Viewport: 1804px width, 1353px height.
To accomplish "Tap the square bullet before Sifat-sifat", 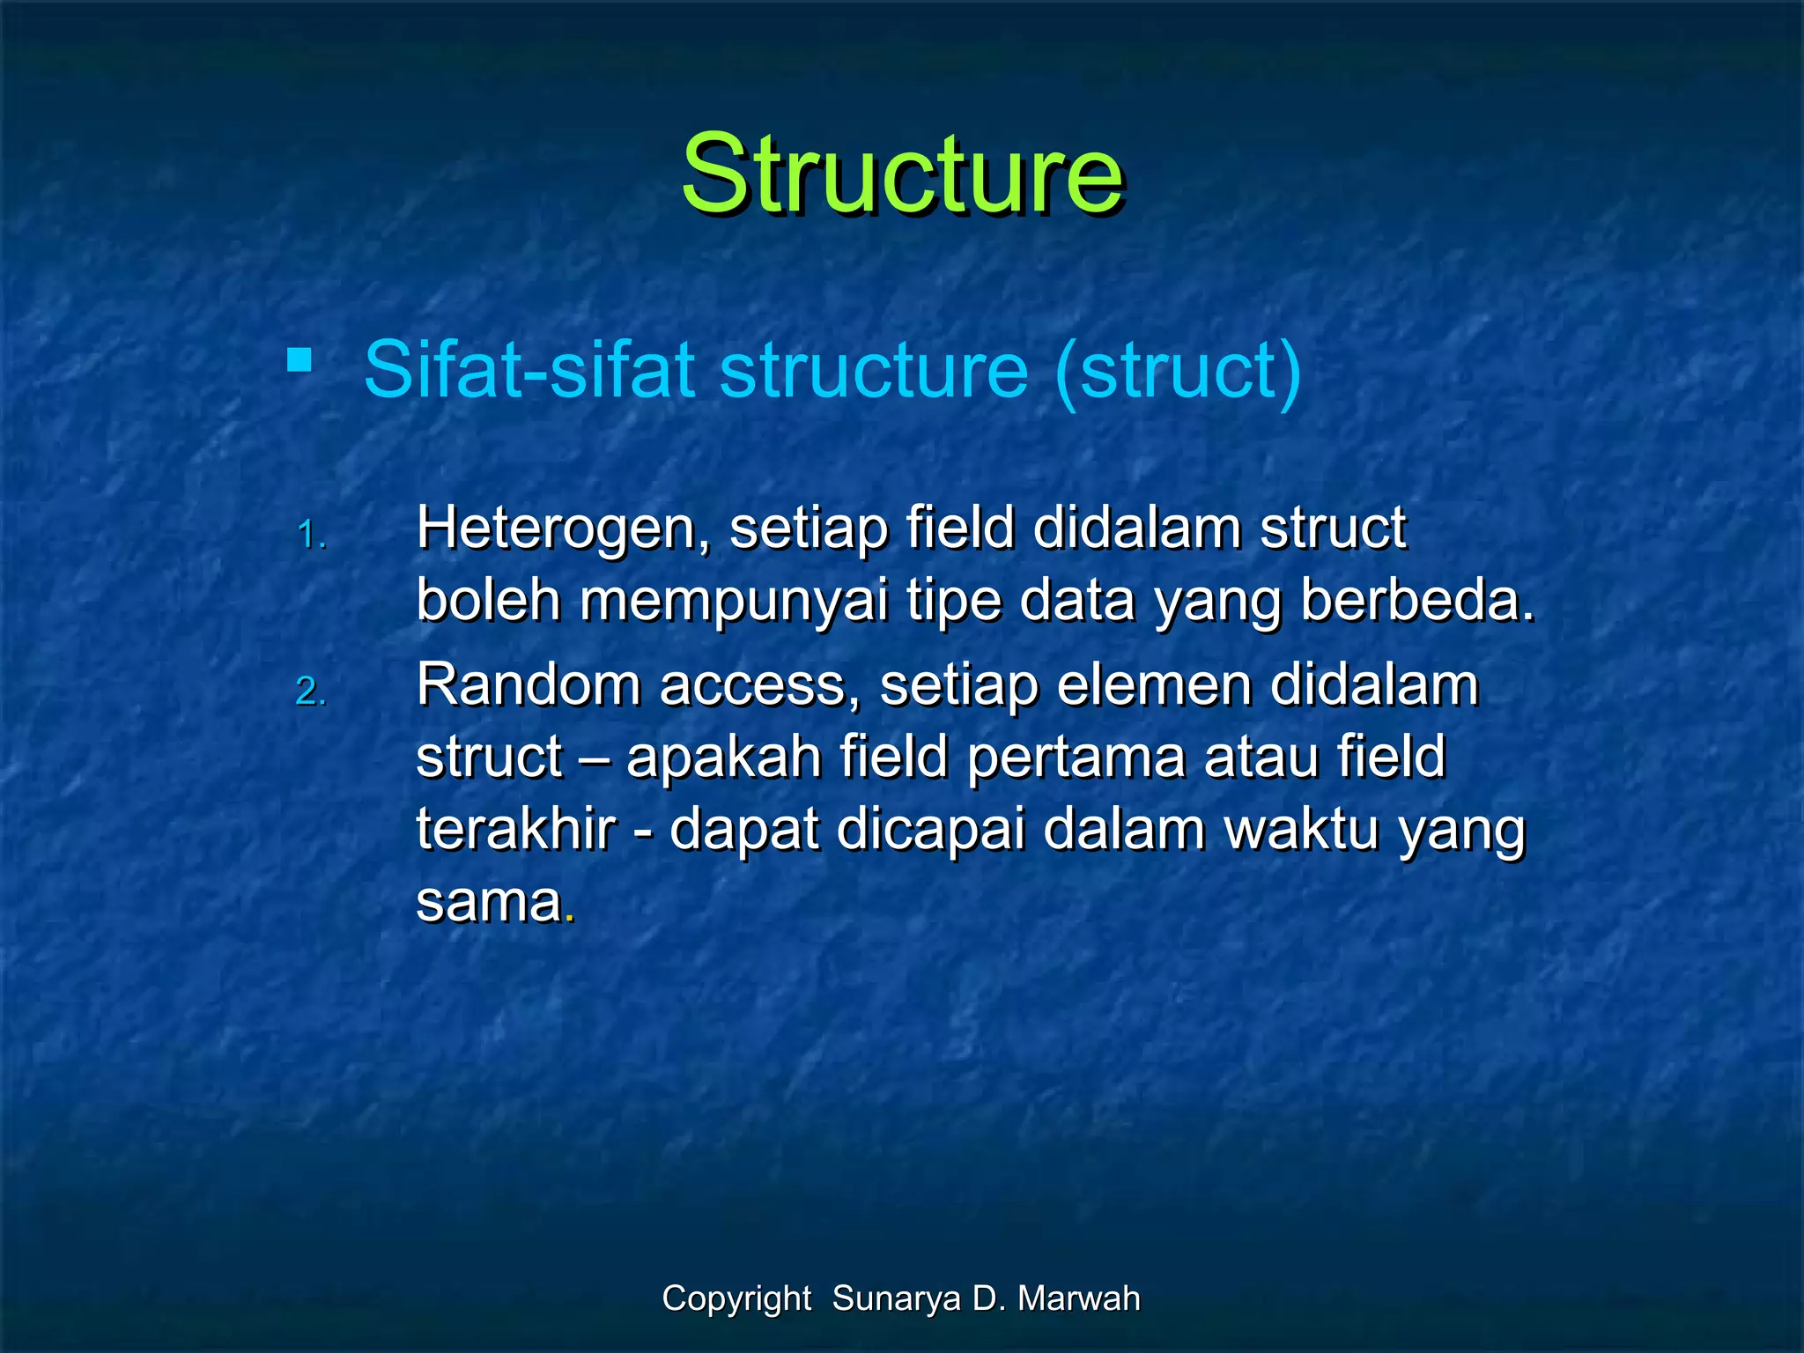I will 299,360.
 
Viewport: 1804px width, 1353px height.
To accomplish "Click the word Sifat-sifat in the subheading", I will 529,370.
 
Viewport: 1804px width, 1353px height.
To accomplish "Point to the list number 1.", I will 311,535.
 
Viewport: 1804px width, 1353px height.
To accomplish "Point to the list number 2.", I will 311,691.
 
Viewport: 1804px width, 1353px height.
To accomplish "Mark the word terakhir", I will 516,830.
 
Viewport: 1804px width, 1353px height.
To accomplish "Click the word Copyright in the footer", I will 736,1298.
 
